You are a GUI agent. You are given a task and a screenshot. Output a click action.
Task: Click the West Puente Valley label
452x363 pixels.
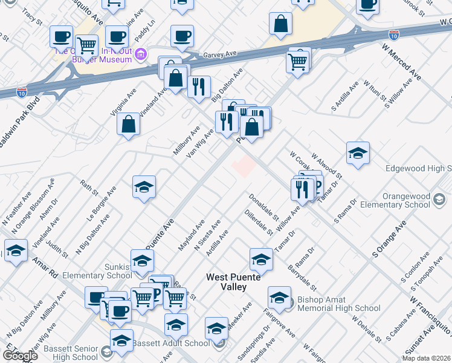tap(227, 282)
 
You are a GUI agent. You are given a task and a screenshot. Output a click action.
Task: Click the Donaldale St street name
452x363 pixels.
tap(263, 206)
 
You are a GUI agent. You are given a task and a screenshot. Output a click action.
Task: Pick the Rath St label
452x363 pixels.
tap(88, 188)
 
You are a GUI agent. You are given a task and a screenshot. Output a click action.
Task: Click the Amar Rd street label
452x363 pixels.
tap(45, 267)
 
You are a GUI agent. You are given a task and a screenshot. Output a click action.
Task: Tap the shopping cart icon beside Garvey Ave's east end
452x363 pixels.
tap(298, 61)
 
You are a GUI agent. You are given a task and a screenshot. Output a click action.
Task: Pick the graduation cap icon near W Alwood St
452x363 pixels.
tap(358, 153)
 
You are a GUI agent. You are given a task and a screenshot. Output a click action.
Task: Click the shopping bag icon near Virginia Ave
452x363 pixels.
tap(129, 124)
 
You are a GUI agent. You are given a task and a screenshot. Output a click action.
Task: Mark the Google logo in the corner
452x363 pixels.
tap(20, 355)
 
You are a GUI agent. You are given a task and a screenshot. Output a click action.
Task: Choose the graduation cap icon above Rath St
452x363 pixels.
tap(144, 186)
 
